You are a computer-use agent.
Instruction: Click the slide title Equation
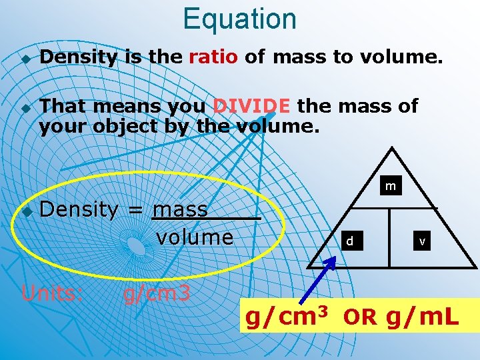point(239,19)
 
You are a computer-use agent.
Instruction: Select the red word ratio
point(213,57)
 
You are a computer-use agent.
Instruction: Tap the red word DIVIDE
point(251,105)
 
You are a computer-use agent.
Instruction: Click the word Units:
point(52,293)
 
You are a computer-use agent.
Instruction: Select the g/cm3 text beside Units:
point(157,293)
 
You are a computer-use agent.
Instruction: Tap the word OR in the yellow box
point(360,318)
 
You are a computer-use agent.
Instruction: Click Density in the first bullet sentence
point(77,57)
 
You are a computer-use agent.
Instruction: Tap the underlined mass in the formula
point(180,209)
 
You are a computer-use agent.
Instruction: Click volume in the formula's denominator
point(194,237)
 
